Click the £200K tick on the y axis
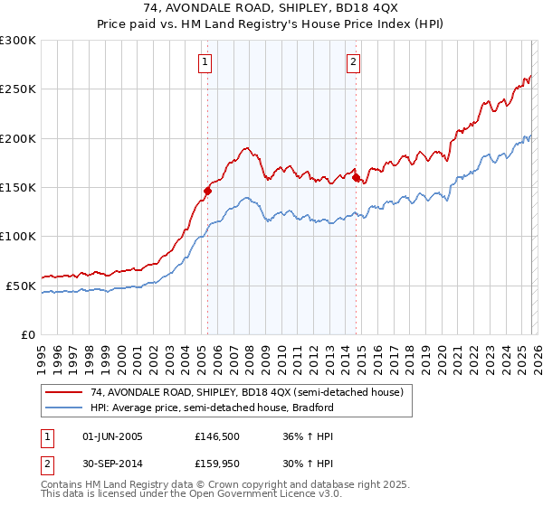pyautogui.click(x=18, y=138)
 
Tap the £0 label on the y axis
pyautogui.click(x=28, y=334)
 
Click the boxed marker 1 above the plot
pyautogui.click(x=206, y=62)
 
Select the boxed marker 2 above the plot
pyautogui.click(x=353, y=62)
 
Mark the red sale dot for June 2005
pyautogui.click(x=207, y=191)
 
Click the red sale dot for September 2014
pyautogui.click(x=356, y=177)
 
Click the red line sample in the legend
pyautogui.click(x=63, y=392)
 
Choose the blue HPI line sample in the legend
pyautogui.click(x=63, y=408)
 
